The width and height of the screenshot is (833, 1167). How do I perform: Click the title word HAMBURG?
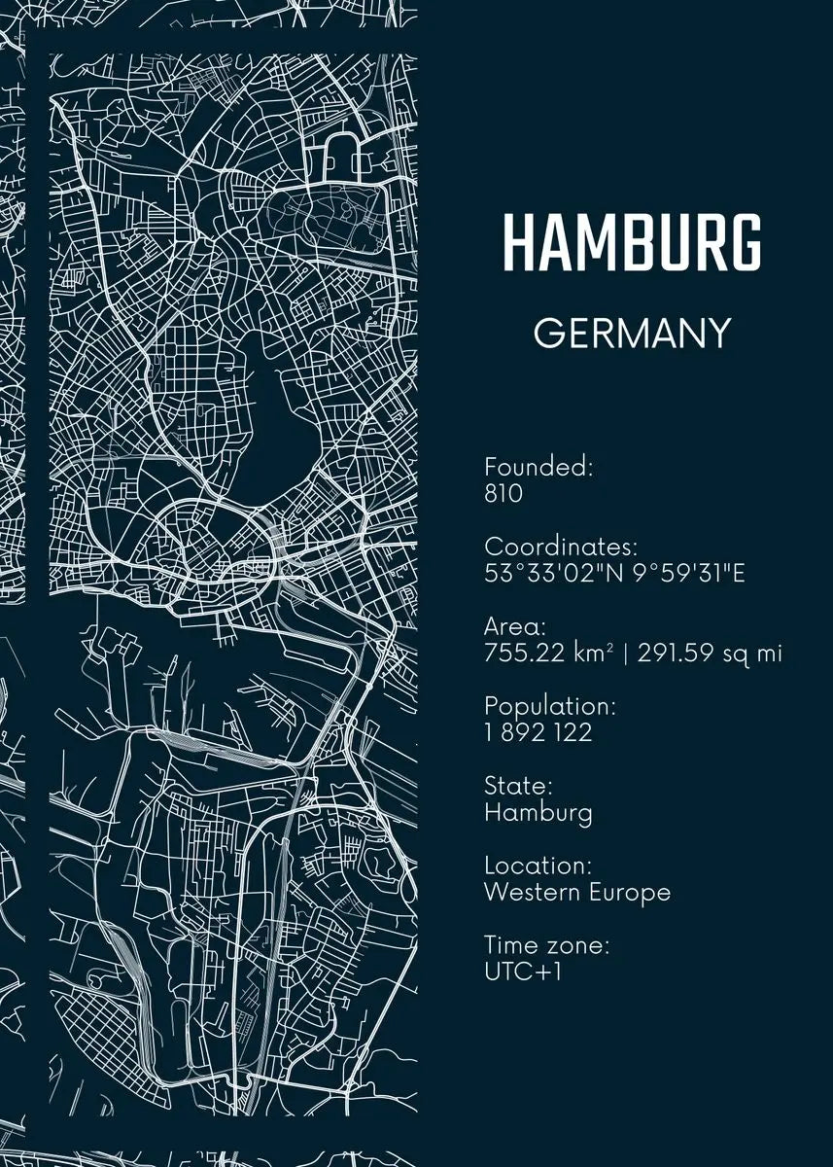[632, 243]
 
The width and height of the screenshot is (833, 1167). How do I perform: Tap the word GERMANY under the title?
[632, 334]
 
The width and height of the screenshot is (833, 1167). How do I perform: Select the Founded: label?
[538, 467]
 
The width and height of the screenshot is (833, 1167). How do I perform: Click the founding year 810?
[503, 493]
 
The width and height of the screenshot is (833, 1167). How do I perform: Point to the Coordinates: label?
[561, 547]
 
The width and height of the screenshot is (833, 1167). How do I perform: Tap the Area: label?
[515, 626]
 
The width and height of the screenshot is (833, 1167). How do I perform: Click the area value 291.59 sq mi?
[710, 653]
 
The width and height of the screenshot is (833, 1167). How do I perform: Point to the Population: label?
[550, 706]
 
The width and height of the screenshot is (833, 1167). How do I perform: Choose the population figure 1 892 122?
[538, 732]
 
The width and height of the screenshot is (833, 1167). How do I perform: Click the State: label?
[518, 786]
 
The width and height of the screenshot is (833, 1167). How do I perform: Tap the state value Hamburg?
[538, 812]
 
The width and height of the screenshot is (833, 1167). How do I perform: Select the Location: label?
[537, 866]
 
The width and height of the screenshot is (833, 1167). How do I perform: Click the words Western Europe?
[577, 892]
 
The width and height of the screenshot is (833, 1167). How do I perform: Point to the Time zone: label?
[546, 945]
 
